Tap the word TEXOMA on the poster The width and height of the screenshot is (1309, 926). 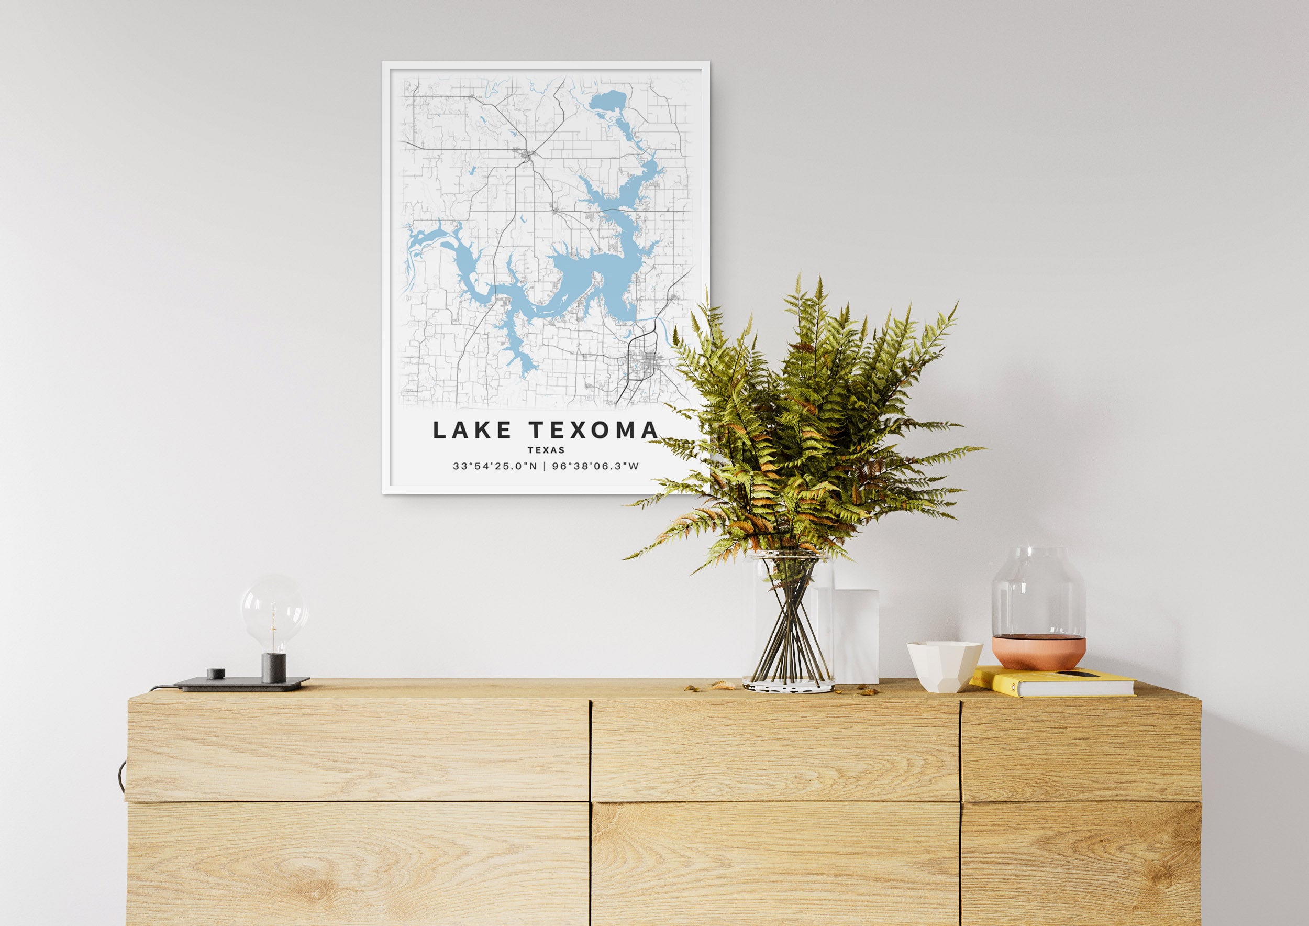point(593,431)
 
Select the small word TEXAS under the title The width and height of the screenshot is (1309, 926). point(546,450)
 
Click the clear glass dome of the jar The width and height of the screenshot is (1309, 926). point(1038,593)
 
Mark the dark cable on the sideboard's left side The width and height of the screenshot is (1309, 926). point(121,776)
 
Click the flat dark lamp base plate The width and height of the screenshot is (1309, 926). point(242,683)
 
